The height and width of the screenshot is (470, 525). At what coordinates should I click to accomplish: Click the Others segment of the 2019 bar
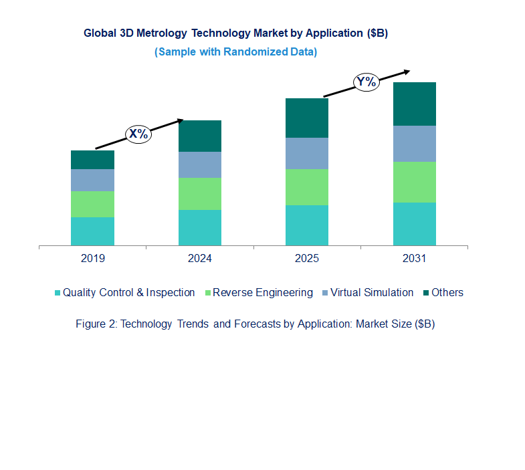[x=92, y=160]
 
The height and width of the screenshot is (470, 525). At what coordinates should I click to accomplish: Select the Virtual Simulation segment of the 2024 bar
[x=199, y=164]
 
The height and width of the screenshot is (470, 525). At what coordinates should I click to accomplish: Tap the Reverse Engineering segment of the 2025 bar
[x=307, y=187]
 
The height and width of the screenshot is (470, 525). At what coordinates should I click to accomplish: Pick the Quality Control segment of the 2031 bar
[x=414, y=224]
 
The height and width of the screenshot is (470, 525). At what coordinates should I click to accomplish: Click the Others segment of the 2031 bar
[x=414, y=104]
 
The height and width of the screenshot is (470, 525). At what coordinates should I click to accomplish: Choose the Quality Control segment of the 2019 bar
[x=92, y=231]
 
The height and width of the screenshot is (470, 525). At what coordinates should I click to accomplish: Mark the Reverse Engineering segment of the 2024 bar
[x=199, y=194]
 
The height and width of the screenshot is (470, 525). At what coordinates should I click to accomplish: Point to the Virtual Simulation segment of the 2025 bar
[x=307, y=153]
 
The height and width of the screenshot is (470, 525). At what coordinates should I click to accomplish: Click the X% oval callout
[x=138, y=134]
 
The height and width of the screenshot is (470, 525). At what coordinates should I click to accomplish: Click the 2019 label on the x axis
[x=92, y=259]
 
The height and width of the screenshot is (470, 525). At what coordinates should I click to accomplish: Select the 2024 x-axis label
[x=199, y=259]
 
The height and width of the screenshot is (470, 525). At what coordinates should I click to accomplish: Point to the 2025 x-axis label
[x=307, y=259]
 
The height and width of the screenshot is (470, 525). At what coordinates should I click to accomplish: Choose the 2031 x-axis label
[x=414, y=259]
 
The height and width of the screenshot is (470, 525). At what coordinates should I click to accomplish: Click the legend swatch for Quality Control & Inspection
[x=58, y=293]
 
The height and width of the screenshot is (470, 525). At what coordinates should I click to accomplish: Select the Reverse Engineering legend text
[x=262, y=292]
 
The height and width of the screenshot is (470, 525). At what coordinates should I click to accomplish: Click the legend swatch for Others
[x=425, y=293]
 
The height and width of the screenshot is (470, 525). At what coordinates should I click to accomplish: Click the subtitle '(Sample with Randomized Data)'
[x=235, y=51]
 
